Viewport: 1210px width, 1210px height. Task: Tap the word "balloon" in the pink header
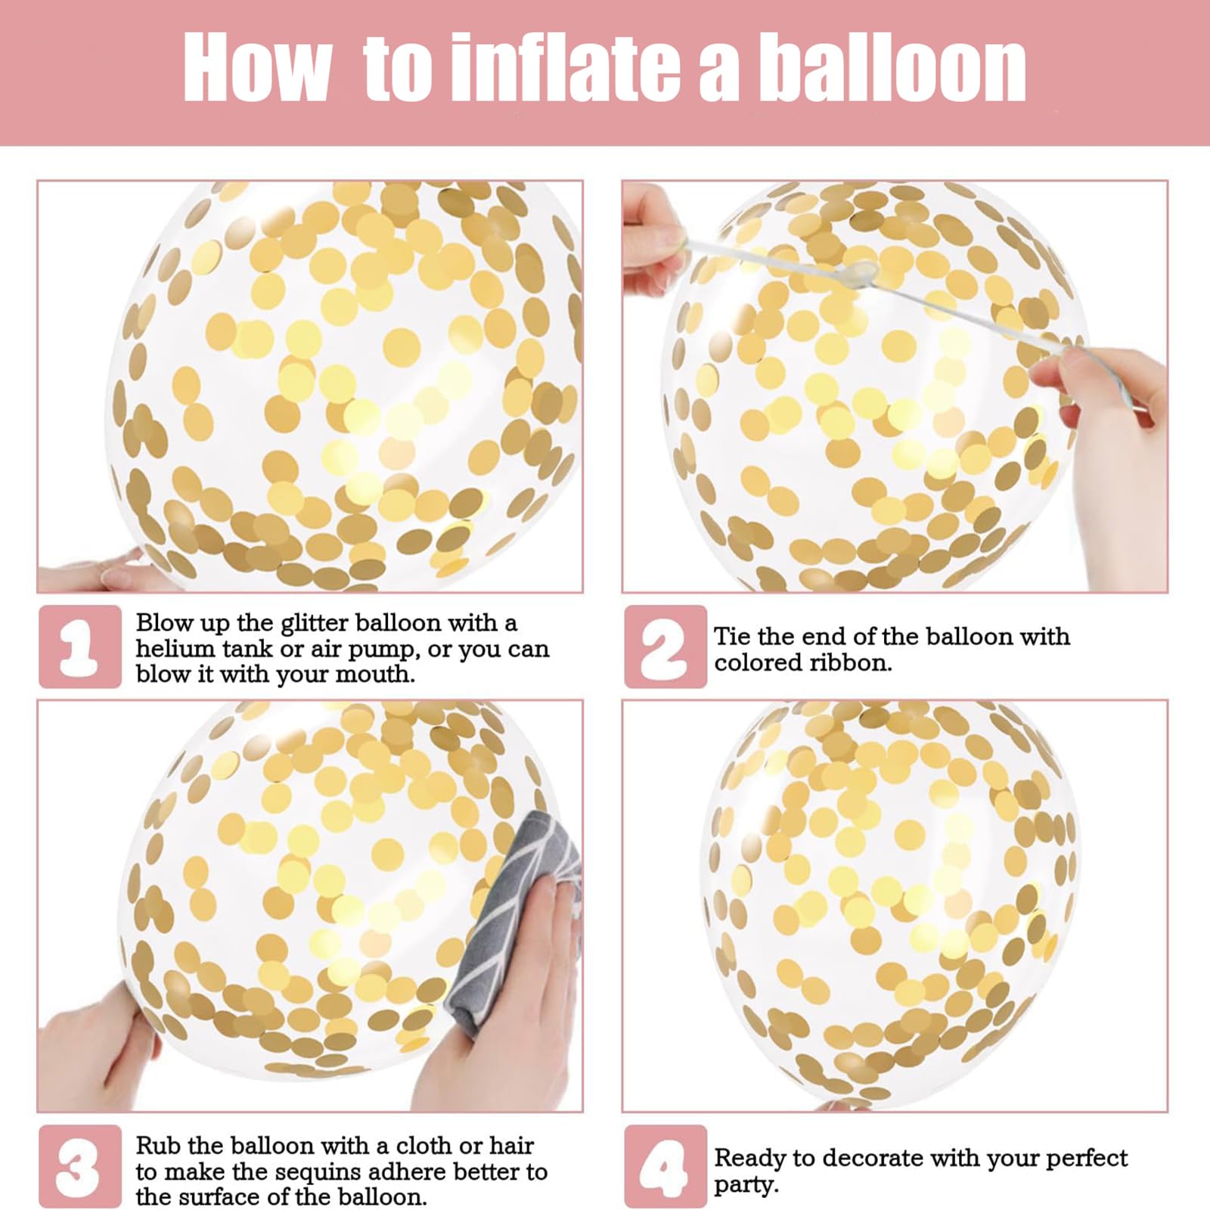(x=892, y=68)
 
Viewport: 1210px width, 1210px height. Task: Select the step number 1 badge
(x=80, y=647)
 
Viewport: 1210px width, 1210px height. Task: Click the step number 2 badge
(x=665, y=647)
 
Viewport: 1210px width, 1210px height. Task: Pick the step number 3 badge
(x=80, y=1166)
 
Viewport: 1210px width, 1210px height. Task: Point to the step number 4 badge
(x=665, y=1166)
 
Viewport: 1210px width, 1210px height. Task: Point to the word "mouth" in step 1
(x=374, y=675)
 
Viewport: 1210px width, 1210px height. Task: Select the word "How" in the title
(x=257, y=68)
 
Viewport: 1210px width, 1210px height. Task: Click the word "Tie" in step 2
(x=731, y=637)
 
